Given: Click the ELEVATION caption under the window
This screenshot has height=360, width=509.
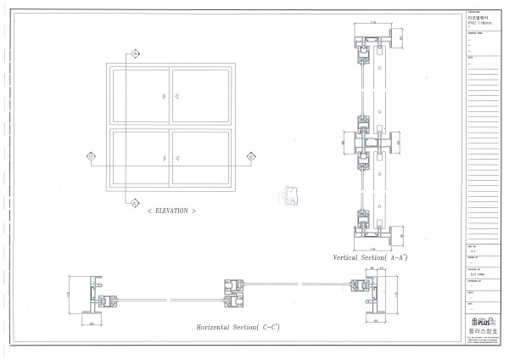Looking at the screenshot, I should tap(171, 210).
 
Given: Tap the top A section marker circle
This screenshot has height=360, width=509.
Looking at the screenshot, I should tap(134, 53).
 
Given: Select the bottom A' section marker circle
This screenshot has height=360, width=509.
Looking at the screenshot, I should tap(134, 201).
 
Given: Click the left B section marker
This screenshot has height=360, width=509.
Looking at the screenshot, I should tap(91, 155).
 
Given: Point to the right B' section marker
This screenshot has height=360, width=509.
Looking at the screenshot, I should tap(250, 155).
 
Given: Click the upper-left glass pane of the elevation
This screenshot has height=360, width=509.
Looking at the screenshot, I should tap(138, 96).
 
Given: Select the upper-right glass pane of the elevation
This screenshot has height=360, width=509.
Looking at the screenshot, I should tap(201, 96).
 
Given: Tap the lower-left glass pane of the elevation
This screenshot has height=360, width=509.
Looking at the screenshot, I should tap(138, 158).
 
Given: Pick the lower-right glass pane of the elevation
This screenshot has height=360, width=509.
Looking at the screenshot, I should tap(201, 158).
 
